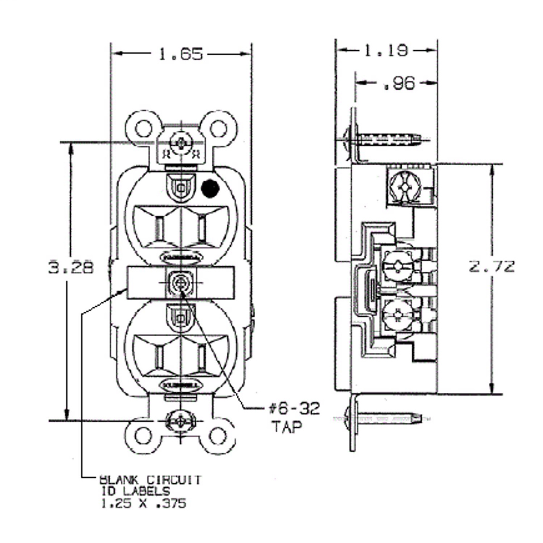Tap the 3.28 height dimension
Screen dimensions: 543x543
click(71, 268)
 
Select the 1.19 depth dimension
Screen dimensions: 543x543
click(386, 50)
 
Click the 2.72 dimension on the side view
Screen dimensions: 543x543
click(491, 267)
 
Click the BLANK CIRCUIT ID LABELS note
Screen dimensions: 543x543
click(149, 491)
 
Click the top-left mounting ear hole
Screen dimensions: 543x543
click(144, 129)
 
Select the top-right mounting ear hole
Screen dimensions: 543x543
click(218, 129)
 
